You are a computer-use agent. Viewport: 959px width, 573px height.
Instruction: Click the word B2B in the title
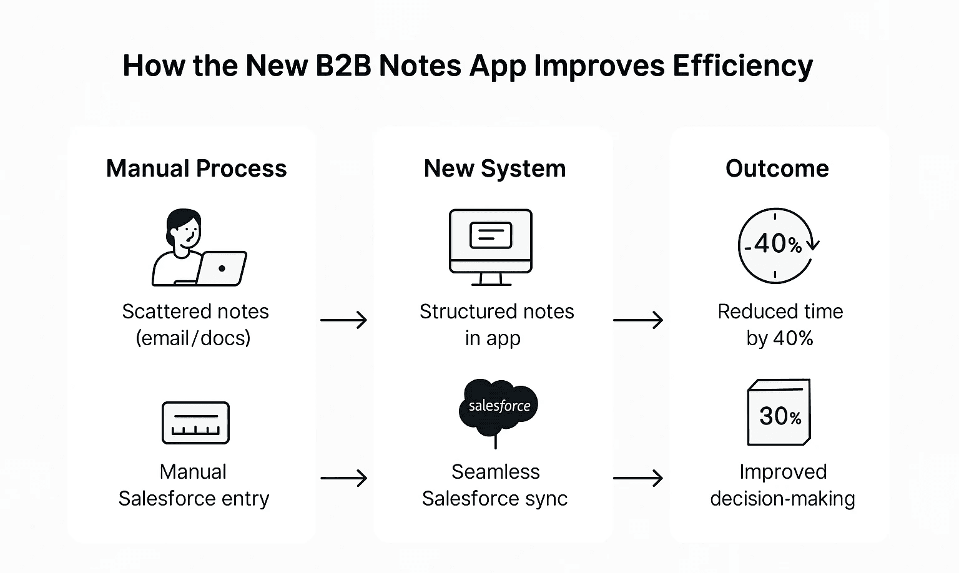pos(343,66)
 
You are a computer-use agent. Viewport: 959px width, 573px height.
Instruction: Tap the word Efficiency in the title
pos(742,67)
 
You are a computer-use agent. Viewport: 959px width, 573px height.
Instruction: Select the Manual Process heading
pos(196,169)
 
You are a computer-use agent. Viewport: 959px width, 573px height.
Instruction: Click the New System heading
pos(494,169)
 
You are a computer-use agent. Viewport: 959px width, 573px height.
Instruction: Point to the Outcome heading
pos(777,169)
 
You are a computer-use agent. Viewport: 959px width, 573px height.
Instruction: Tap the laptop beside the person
pos(221,268)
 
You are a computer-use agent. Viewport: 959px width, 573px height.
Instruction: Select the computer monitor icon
pos(491,247)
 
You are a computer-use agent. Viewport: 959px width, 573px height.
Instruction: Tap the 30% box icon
pos(779,413)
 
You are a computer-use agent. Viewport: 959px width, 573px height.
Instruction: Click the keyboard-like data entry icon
pos(195,423)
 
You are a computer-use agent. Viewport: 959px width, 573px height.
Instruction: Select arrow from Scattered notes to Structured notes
pos(343,320)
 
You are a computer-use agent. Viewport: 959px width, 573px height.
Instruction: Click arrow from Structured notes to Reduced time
pos(637,320)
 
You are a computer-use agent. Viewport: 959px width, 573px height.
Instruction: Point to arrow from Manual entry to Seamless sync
pos(343,479)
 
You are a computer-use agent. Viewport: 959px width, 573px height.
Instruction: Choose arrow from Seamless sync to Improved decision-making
pos(637,479)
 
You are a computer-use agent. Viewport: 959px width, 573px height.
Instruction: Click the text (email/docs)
pos(193,338)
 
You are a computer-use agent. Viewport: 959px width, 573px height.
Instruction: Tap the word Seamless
pos(495,472)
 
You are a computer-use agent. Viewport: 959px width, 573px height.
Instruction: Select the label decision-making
pos(782,499)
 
